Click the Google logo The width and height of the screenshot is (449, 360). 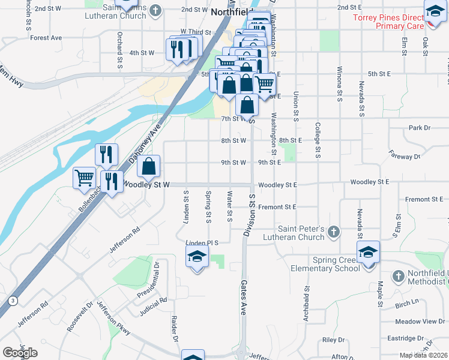point(20,353)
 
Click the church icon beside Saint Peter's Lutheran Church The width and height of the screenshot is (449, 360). point(335,232)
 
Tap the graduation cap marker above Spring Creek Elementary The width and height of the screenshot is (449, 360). point(368,252)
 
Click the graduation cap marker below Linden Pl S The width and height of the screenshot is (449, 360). point(197,258)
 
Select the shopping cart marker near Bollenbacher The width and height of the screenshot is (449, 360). point(84,177)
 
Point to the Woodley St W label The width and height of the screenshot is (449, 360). point(146,185)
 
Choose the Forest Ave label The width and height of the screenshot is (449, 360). point(46,37)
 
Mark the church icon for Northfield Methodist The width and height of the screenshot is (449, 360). point(397,275)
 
